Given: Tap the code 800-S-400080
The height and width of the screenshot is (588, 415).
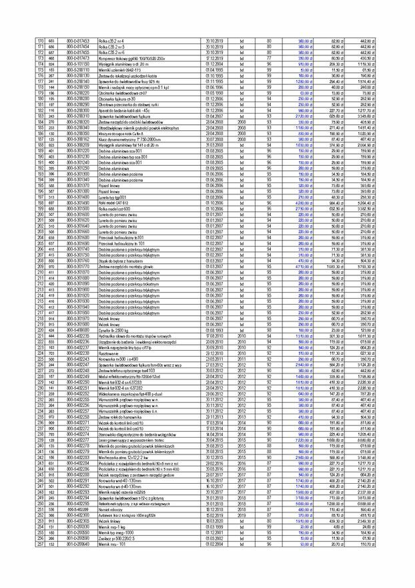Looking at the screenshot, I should pos(77,330).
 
